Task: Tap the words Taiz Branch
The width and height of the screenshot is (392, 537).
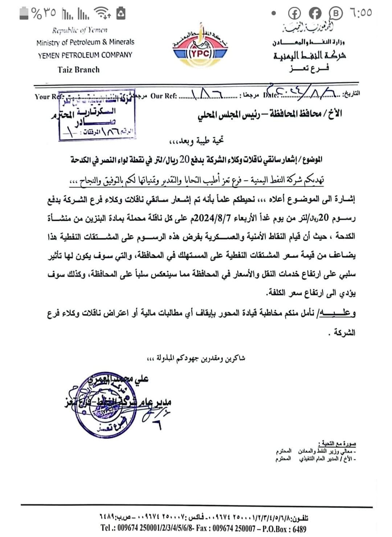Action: tap(78, 69)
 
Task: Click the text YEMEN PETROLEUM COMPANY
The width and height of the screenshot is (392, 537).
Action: tap(85, 55)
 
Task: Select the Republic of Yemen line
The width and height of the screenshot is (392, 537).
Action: tap(80, 30)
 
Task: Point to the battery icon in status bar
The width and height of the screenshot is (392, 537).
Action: tap(24, 13)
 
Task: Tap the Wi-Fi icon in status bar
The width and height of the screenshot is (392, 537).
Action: tap(102, 13)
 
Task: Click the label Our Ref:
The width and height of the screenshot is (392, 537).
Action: tap(163, 96)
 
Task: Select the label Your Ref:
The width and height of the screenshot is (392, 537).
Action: tap(48, 97)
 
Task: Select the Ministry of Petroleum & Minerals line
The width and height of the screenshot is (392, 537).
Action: tap(85, 42)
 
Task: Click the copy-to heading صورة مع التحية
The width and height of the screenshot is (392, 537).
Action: tap(339, 443)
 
